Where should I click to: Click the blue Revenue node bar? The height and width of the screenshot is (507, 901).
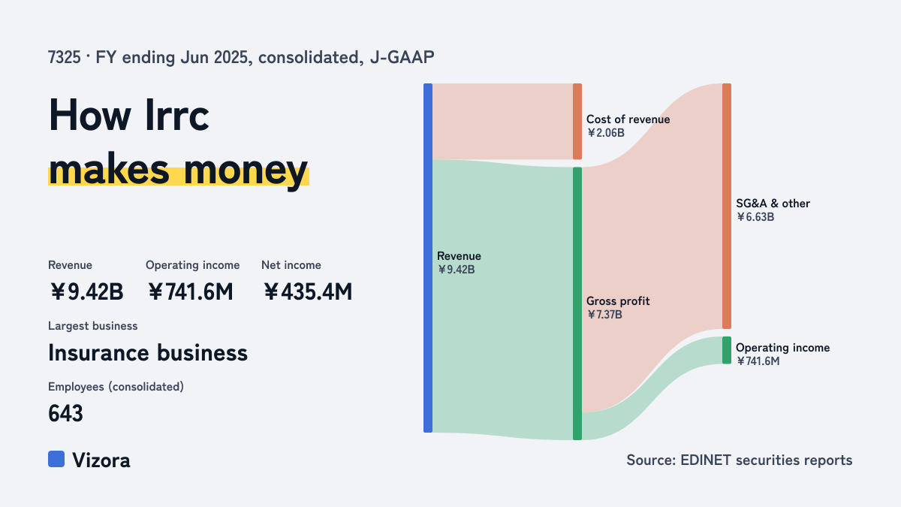pyautogui.click(x=428, y=258)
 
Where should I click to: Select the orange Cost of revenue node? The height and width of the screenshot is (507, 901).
pyautogui.click(x=577, y=122)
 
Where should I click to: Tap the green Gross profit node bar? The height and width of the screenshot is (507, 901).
pyautogui.click(x=577, y=303)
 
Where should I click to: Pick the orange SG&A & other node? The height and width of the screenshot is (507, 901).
pyautogui.click(x=727, y=206)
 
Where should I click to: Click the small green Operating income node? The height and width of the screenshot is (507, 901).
pyautogui.click(x=727, y=350)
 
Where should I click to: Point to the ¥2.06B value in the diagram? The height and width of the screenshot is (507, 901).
pyautogui.click(x=606, y=133)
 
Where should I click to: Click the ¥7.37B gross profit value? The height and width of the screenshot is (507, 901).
pyautogui.click(x=604, y=315)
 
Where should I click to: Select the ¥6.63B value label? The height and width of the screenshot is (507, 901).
pyautogui.click(x=755, y=217)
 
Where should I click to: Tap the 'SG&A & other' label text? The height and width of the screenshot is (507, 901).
pyautogui.click(x=773, y=204)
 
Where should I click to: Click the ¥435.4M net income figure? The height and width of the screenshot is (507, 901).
pyautogui.click(x=308, y=291)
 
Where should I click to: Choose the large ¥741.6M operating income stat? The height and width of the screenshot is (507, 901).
pyautogui.click(x=190, y=291)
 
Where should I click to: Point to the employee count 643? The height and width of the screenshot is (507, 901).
pyautogui.click(x=65, y=413)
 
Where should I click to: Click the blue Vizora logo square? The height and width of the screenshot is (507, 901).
pyautogui.click(x=56, y=459)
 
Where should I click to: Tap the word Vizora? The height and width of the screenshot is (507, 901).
pyautogui.click(x=101, y=460)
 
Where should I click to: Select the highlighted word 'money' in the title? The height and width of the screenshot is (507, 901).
pyautogui.click(x=246, y=171)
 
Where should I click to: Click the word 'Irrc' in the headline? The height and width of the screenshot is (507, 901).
pyautogui.click(x=177, y=116)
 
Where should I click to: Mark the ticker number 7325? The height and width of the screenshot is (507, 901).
pyautogui.click(x=65, y=57)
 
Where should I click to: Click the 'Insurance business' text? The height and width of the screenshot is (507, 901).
pyautogui.click(x=148, y=353)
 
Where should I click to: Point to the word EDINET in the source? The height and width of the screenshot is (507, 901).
pyautogui.click(x=706, y=460)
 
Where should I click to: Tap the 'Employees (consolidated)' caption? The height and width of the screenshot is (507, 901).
pyautogui.click(x=116, y=387)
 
